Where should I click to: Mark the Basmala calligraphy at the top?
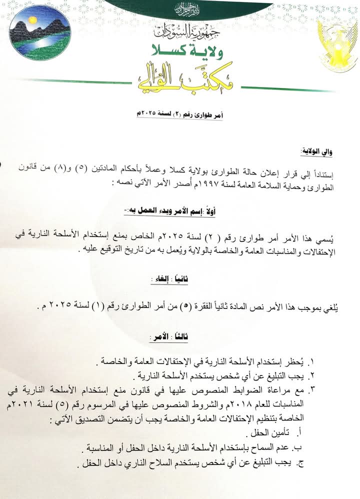(180, 8)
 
